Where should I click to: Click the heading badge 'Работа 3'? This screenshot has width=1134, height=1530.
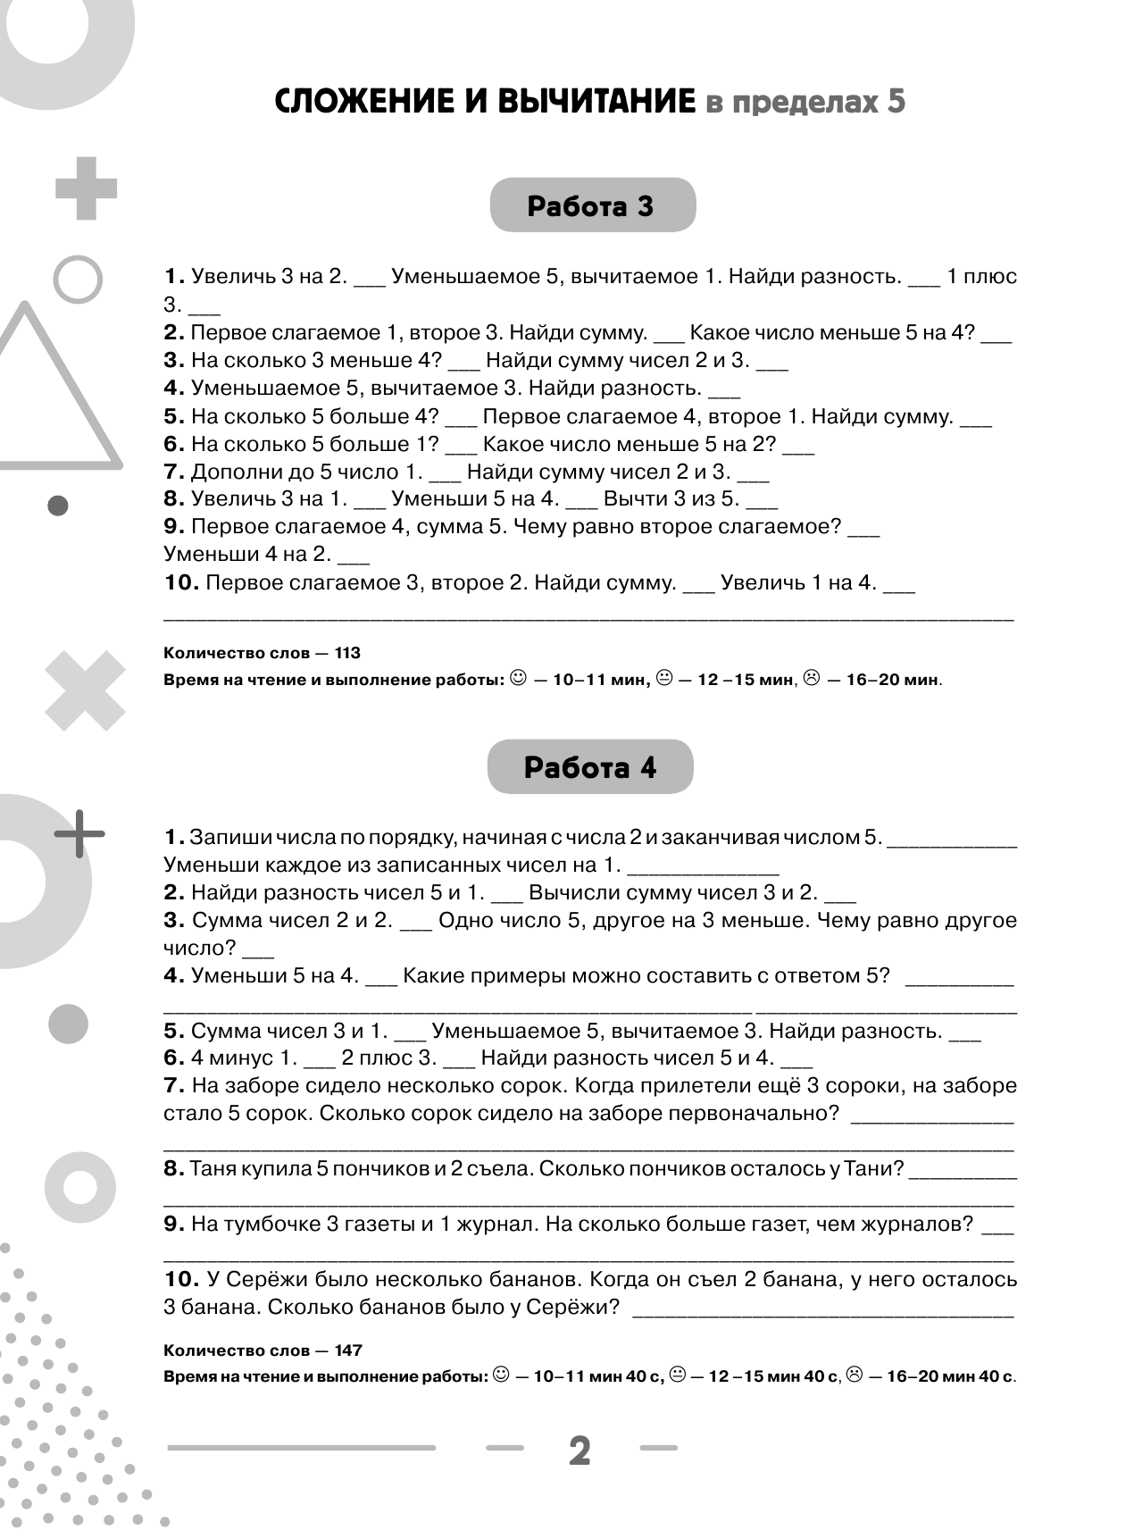coord(592,206)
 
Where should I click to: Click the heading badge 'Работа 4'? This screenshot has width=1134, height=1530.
coord(590,767)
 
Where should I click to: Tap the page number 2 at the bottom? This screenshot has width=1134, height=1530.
coord(580,1451)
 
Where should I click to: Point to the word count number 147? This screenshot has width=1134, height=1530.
coord(346,1350)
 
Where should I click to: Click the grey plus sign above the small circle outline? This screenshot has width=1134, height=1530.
coord(86,188)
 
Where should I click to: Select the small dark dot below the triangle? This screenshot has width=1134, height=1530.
coord(58,506)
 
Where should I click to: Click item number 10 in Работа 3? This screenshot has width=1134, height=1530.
coord(180,582)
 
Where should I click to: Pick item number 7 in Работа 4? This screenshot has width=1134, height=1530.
coord(174,1086)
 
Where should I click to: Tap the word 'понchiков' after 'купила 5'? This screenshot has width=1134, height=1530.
coord(372,1168)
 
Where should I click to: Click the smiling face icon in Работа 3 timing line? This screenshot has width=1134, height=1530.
coord(518,678)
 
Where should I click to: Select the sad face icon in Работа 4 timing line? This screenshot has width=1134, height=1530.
coord(855,1375)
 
